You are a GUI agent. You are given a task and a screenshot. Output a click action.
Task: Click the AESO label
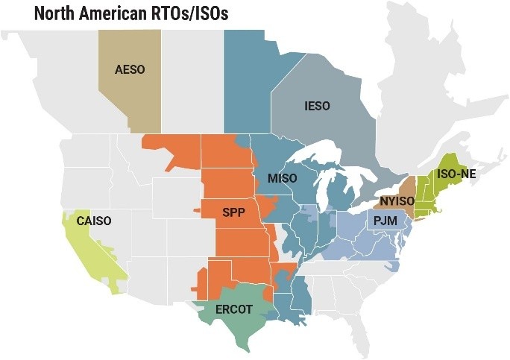[130, 69]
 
